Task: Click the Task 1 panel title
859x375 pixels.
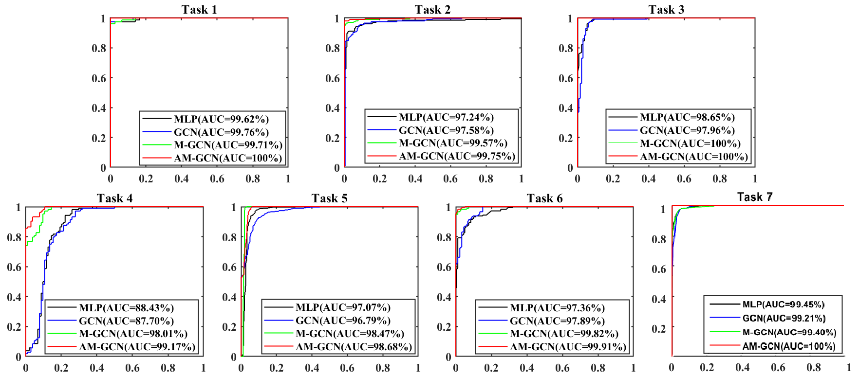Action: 199,10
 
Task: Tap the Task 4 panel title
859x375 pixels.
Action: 114,198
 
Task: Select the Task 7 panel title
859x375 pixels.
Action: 754,197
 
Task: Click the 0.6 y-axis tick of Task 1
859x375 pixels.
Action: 99,78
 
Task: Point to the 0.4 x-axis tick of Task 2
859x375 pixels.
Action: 415,179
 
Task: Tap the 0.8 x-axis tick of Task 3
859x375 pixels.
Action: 719,179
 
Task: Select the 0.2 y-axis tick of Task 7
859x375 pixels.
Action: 658,329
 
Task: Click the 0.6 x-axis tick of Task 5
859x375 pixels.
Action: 347,368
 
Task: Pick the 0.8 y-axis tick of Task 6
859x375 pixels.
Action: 444,237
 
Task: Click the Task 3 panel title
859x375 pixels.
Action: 666,10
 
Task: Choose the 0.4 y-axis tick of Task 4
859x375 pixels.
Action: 14,297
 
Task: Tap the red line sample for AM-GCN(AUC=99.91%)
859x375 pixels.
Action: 492,347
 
